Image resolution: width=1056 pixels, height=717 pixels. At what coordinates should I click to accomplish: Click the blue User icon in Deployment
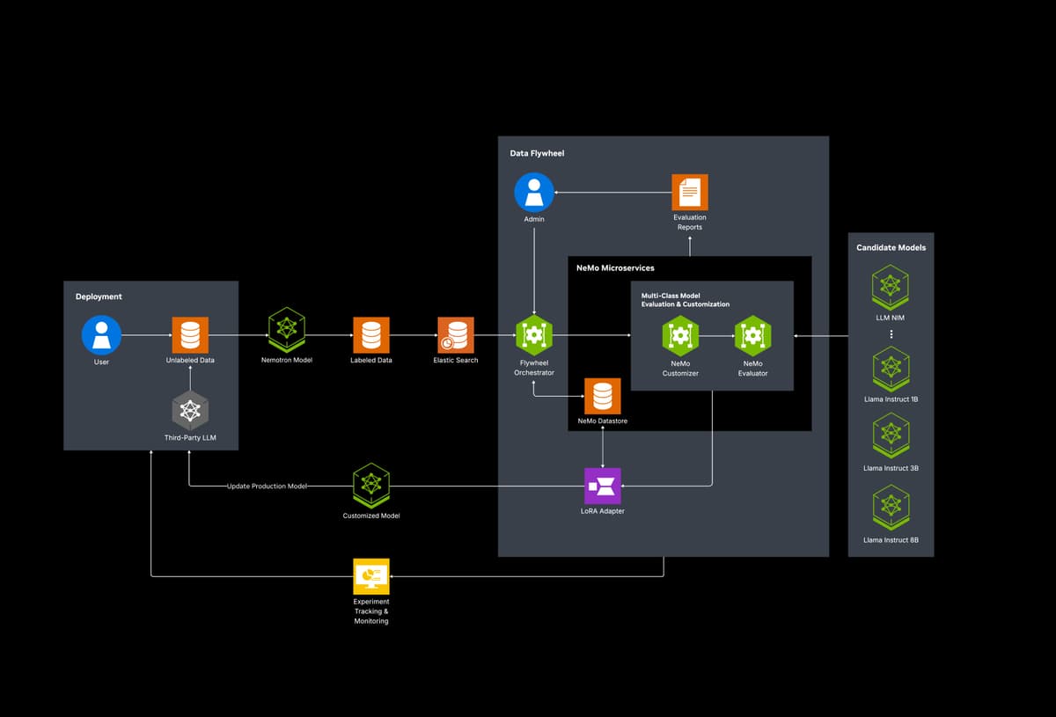(x=101, y=334)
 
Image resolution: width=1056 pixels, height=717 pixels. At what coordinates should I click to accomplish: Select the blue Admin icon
(x=533, y=193)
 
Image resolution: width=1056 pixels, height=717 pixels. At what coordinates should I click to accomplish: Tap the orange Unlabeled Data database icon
(x=190, y=334)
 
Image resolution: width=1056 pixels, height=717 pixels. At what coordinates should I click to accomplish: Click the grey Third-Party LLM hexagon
(x=190, y=411)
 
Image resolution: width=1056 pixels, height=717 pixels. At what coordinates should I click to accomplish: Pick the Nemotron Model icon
(x=287, y=330)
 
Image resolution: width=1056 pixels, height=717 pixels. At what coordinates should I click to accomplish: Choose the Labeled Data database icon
(x=371, y=334)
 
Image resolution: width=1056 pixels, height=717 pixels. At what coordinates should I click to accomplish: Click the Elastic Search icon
(x=456, y=334)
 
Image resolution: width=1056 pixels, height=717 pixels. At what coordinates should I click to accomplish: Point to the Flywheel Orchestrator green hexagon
(x=533, y=335)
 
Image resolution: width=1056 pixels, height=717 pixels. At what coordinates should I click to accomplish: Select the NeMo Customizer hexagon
(x=680, y=336)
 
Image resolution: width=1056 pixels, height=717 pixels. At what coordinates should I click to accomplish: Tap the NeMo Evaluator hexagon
(x=753, y=336)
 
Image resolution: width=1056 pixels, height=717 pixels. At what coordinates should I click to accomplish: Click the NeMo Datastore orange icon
(x=603, y=396)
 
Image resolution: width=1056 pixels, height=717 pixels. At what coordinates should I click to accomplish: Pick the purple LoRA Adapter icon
(x=603, y=486)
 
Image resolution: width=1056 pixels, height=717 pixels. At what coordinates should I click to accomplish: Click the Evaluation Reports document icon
(x=690, y=193)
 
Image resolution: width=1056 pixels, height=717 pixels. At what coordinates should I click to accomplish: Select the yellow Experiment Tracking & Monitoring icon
(x=371, y=576)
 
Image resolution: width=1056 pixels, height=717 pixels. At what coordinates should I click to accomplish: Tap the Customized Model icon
(x=371, y=486)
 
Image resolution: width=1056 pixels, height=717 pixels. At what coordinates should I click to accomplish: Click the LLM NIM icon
(x=890, y=288)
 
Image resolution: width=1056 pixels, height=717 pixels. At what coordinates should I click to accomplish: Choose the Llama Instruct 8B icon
(x=891, y=508)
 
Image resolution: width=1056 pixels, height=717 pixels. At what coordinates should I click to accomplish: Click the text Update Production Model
(x=267, y=486)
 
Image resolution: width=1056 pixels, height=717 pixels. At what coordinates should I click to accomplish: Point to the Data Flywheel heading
(x=537, y=153)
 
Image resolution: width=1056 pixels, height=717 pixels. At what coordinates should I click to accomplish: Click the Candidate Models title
(x=891, y=247)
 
